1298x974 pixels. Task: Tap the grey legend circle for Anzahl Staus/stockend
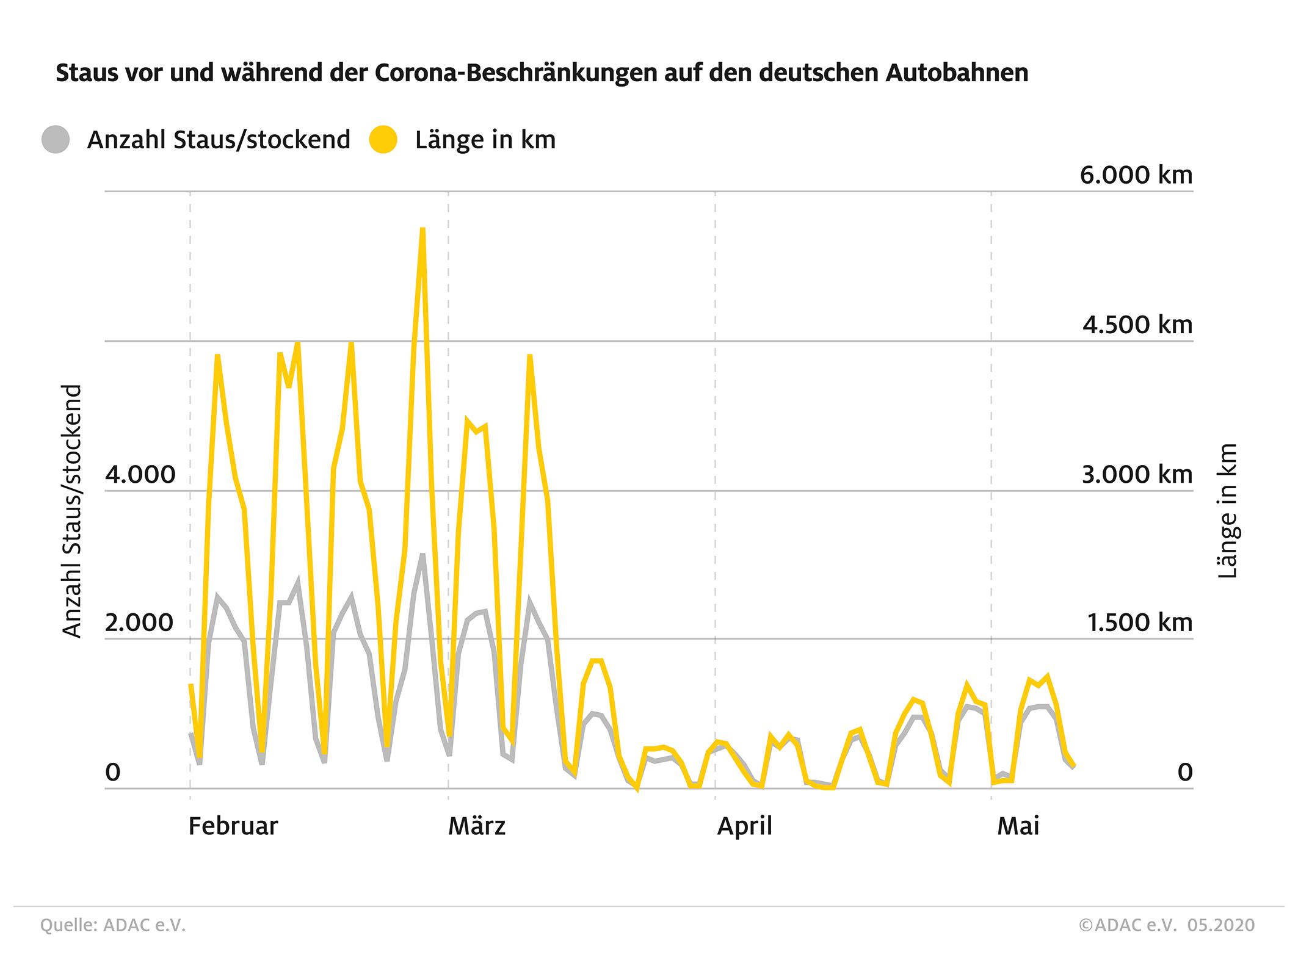[56, 140]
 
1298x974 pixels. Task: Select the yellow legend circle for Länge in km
[383, 140]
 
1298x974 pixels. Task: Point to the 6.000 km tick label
[1136, 175]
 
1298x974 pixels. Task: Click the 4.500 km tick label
[1137, 325]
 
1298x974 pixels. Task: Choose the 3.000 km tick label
[1137, 474]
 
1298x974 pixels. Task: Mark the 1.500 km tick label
[1139, 623]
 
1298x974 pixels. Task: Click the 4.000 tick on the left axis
[140, 474]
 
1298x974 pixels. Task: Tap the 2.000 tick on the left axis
[140, 623]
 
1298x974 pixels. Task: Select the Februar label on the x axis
[233, 826]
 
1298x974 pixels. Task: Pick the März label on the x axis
[477, 826]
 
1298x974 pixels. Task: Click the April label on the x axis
[744, 826]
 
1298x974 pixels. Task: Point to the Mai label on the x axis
[1018, 826]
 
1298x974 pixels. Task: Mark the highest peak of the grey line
[422, 555]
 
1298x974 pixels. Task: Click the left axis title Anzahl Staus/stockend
[72, 511]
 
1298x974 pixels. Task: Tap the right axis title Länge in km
[1227, 511]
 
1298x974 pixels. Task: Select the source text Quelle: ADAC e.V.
[113, 926]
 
